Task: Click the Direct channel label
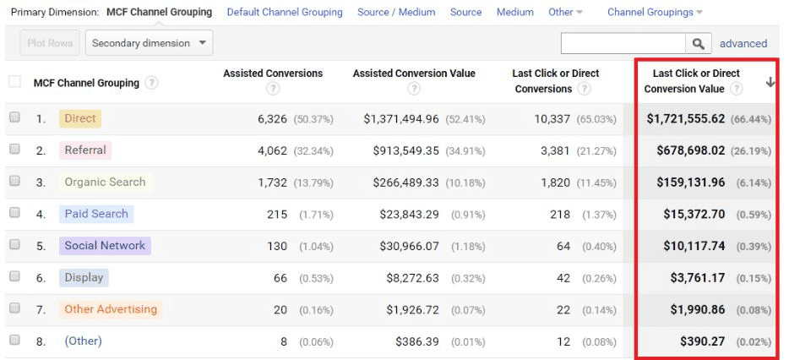pos(80,119)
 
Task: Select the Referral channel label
pos(84,150)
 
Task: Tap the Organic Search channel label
pos(105,182)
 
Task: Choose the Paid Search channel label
pos(96,214)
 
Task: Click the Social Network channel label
pos(105,246)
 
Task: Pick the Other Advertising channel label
pos(111,309)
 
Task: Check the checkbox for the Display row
pos(14,277)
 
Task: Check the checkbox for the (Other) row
pos(14,341)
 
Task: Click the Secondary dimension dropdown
pos(149,43)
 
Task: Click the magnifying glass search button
pos(698,44)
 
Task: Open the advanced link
pos(743,44)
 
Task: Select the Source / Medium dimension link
pos(396,13)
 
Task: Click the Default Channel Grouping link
pos(285,13)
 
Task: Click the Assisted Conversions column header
pos(273,74)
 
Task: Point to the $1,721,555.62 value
pos(685,119)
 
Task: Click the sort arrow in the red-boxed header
pos(770,82)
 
